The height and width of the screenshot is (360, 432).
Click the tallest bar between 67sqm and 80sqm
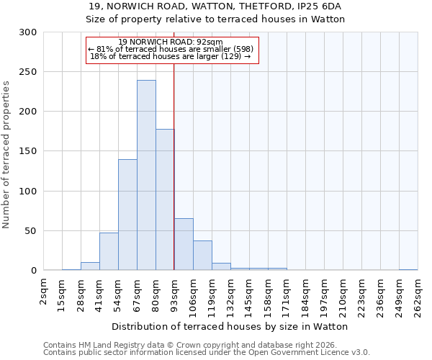coord(146,175)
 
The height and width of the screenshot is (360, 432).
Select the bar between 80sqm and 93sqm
coord(165,199)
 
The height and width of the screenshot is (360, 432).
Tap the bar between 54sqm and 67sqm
coord(127,215)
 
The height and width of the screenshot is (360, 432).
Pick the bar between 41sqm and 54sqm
coord(109,251)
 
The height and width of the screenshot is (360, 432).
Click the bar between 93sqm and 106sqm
coord(184,244)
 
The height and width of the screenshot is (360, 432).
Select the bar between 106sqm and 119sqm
coord(202,256)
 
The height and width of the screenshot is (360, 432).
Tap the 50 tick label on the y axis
coord(30,231)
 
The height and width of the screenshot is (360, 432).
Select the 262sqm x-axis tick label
coord(418,295)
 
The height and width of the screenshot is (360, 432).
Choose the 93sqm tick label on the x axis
coord(175,293)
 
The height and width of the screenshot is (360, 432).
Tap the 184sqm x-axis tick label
coord(306,295)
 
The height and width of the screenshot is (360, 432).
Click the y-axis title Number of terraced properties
coord(6,155)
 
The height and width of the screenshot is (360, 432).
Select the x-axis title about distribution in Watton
coord(230,326)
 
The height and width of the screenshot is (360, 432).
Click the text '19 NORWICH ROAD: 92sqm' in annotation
coord(171,42)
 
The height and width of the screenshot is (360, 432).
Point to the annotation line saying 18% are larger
coord(171,56)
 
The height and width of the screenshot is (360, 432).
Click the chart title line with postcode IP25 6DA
coord(215,6)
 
